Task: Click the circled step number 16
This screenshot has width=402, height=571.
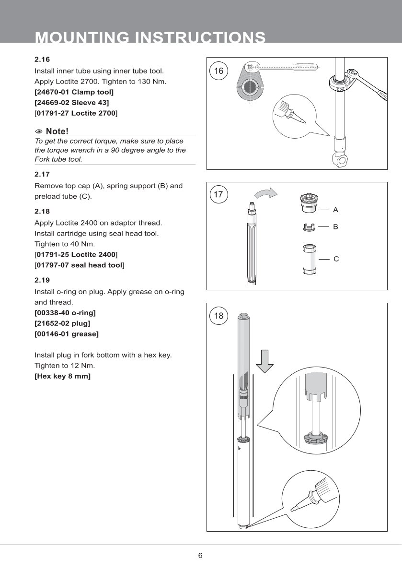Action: pos(218,71)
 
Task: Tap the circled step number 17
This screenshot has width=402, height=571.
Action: pos(218,194)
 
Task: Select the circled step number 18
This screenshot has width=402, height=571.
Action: pos(218,316)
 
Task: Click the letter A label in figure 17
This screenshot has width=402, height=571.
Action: pos(335,210)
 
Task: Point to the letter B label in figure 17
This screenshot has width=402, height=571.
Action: pos(335,226)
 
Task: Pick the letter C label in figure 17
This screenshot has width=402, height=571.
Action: pos(336,259)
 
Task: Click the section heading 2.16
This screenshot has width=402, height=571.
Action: pos(42,60)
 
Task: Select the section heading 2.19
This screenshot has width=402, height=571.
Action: pos(42,280)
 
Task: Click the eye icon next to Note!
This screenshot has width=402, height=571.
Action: pos(39,131)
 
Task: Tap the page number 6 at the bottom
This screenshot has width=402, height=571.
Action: pos(200,556)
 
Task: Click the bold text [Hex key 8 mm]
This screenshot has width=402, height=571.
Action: pos(62,376)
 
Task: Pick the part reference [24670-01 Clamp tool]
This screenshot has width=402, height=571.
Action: pos(74,92)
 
